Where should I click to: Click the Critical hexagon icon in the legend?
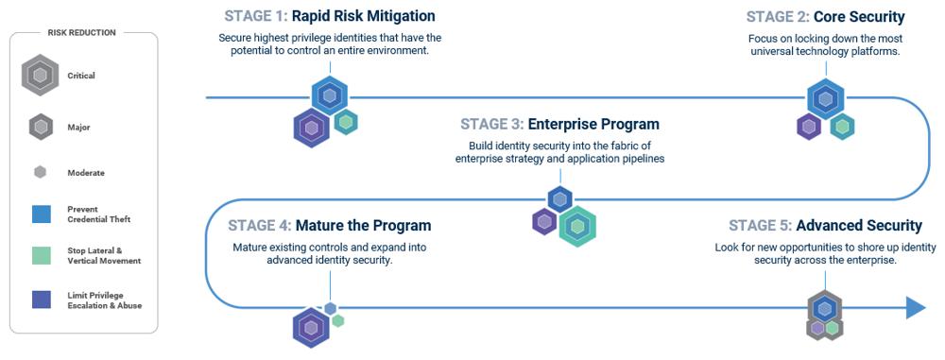click(x=40, y=76)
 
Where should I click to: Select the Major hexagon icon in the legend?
click(x=41, y=128)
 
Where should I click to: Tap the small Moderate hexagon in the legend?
click(x=41, y=173)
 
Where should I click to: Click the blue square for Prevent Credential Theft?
click(x=41, y=214)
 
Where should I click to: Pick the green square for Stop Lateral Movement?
click(x=41, y=255)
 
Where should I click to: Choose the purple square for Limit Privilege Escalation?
click(x=41, y=300)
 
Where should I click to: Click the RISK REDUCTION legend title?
click(x=81, y=32)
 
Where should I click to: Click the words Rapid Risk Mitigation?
click(x=364, y=16)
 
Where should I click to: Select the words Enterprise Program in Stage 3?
click(x=593, y=124)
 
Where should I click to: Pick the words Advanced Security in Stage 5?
click(x=859, y=226)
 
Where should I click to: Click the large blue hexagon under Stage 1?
click(x=330, y=95)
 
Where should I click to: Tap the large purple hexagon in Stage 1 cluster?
click(x=312, y=128)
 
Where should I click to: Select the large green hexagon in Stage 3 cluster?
click(x=577, y=226)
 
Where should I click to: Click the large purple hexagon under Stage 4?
click(x=311, y=328)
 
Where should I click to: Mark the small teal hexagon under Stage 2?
click(x=842, y=127)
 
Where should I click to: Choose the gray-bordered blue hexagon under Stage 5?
click(x=824, y=308)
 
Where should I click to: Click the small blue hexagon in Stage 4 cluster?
click(x=330, y=309)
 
